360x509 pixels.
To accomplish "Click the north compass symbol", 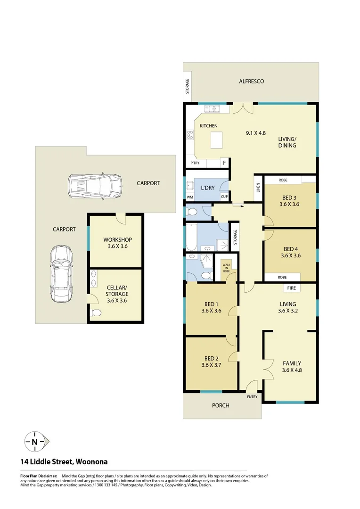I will pos(35,442).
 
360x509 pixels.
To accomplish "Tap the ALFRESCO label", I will pos(252,81).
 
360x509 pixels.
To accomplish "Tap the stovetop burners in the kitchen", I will pos(190,135).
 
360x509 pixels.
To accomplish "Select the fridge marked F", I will pos(224,163).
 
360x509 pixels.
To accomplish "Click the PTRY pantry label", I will pos(195,163).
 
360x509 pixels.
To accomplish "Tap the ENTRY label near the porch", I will pos(252,397).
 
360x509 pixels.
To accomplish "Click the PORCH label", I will pos(221,405).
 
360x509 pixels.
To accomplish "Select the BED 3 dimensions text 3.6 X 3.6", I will pos(289,204).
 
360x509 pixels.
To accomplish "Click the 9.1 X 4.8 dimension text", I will pos(256,133).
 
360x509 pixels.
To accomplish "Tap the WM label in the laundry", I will pos(190,197).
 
